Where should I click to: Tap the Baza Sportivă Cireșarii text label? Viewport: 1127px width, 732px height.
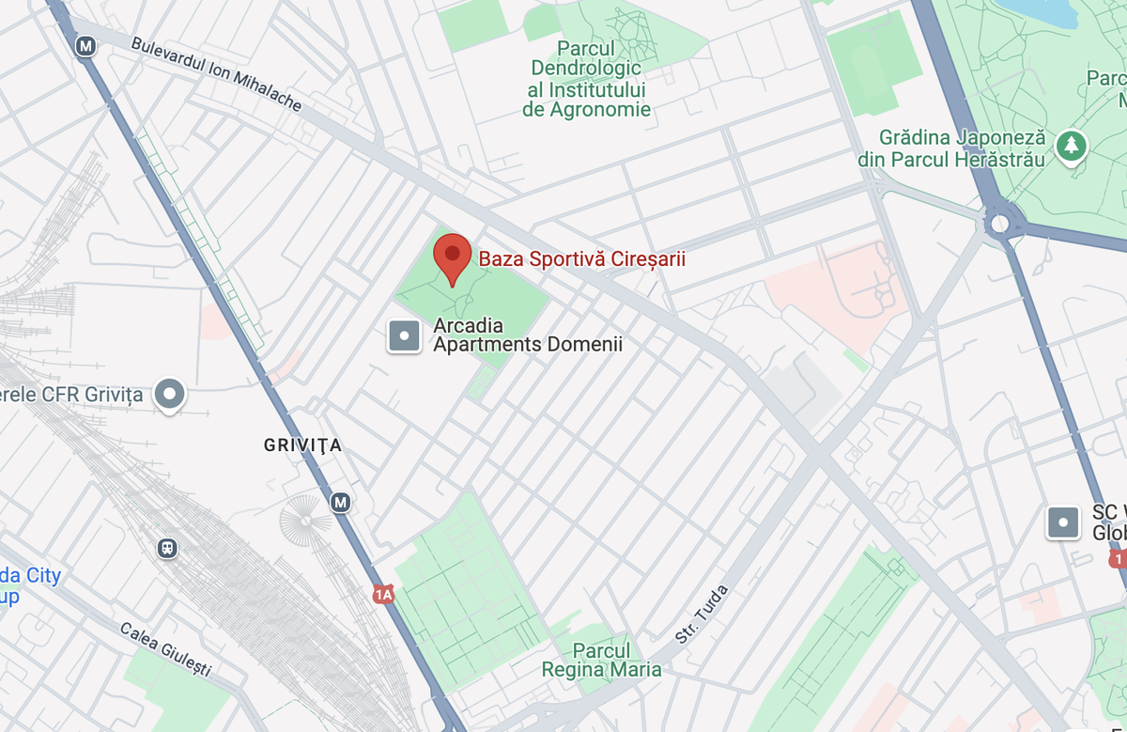(582, 258)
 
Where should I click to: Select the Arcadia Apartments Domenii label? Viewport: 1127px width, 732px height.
(527, 335)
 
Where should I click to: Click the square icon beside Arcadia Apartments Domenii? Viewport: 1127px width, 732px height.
(405, 335)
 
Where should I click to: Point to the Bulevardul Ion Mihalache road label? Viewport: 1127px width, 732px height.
(216, 73)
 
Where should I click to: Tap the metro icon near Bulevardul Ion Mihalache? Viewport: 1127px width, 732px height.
(86, 45)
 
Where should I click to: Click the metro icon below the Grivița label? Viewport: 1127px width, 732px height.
(340, 503)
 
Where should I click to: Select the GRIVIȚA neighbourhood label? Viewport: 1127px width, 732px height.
(302, 445)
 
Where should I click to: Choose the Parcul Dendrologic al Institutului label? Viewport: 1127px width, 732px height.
(586, 79)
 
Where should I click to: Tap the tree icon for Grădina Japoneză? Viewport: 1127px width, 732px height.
(1070, 146)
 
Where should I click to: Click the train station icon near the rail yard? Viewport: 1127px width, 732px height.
(167, 547)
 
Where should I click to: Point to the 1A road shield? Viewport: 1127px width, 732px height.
(382, 594)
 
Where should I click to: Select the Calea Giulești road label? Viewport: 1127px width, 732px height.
(165, 648)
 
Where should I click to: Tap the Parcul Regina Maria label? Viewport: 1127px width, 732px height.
(602, 661)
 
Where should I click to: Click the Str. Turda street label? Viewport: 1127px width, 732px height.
(702, 615)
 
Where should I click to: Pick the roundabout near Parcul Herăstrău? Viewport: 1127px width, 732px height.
(999, 224)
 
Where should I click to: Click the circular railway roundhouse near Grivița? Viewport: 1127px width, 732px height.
(306, 519)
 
